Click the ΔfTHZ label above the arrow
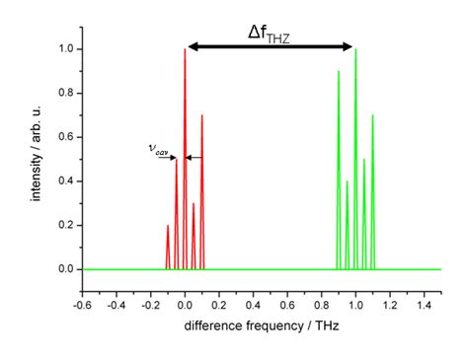[270, 34]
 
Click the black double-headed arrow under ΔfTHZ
[270, 46]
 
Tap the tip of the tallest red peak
[185, 50]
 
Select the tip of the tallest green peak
[355, 50]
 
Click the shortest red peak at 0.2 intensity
[168, 226]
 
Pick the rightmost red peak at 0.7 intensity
[202, 116]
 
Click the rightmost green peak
[373, 116]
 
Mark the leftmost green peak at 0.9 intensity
[339, 72]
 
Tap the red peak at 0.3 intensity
[194, 204]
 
